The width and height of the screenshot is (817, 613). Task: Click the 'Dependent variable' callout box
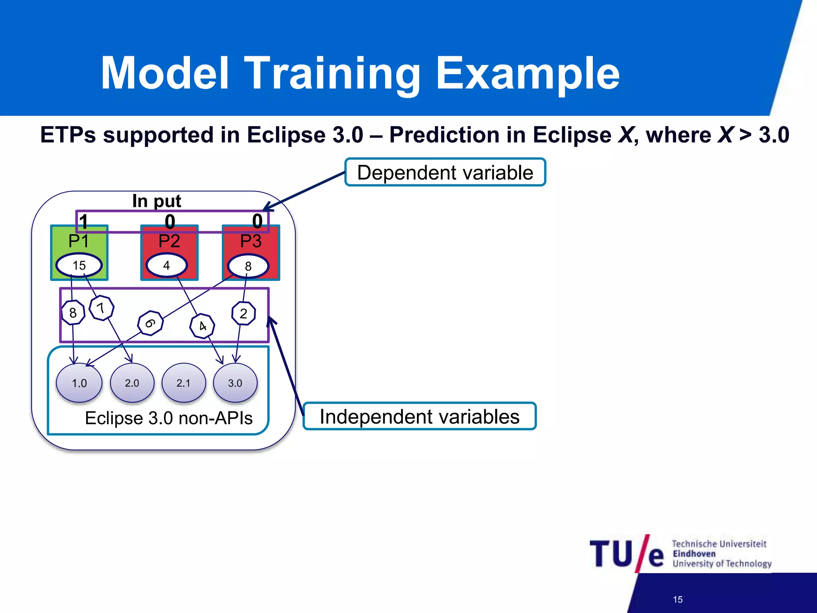click(445, 172)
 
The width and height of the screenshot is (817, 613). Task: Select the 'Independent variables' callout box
click(419, 417)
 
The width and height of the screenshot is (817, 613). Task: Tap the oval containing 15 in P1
click(79, 265)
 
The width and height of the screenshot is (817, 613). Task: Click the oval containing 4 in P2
click(166, 265)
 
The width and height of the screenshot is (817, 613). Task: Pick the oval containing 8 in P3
click(248, 266)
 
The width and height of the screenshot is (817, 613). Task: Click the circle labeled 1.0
click(79, 383)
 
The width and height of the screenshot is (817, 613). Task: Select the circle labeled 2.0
click(132, 383)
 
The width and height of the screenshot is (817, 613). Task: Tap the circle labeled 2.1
click(184, 383)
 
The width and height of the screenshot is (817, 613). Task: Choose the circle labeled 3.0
click(235, 383)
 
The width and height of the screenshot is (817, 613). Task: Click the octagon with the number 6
click(150, 323)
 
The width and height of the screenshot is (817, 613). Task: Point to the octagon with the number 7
click(101, 308)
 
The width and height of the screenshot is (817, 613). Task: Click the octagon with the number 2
click(243, 314)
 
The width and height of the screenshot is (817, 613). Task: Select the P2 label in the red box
click(169, 241)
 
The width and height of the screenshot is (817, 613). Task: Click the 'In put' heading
click(156, 201)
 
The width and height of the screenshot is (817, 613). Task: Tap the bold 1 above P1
click(83, 222)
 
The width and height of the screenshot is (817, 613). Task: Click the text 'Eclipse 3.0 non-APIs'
click(169, 418)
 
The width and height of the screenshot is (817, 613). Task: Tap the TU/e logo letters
click(626, 554)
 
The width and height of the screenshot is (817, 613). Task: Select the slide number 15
click(677, 599)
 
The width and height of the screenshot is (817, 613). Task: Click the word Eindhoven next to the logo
click(694, 554)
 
